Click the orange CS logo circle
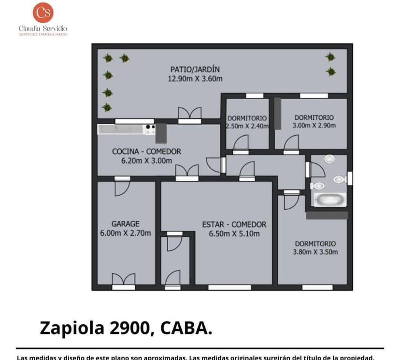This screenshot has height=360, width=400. (43, 13)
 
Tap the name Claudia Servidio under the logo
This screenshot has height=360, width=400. (43, 29)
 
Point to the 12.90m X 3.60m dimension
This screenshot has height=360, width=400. (195, 78)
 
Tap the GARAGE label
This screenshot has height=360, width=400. (125, 224)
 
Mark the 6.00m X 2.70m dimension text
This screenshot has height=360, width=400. (125, 233)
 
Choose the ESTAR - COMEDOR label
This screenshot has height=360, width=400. (234, 225)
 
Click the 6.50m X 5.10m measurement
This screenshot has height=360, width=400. (234, 234)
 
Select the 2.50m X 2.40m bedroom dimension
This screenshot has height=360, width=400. (247, 126)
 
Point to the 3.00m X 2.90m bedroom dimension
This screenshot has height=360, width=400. (314, 126)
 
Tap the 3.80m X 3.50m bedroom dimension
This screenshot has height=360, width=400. (315, 252)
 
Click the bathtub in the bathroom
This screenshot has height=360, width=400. (330, 200)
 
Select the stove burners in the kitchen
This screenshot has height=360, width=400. (150, 129)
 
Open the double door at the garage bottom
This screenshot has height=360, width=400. (123, 280)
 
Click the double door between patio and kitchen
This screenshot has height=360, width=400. (189, 114)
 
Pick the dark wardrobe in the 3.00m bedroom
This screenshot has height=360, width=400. (278, 114)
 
